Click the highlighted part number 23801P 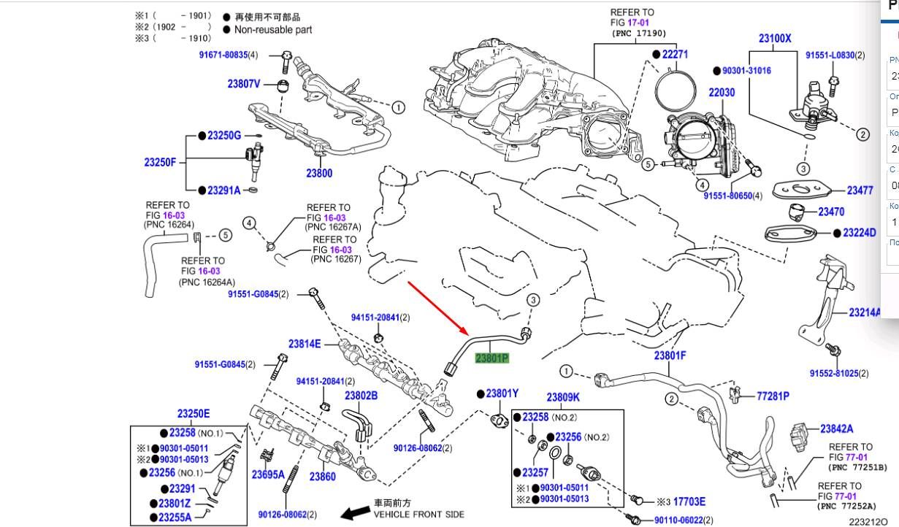pos(491,358)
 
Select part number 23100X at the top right pos(774,39)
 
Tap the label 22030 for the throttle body pos(722,93)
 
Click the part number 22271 pos(675,54)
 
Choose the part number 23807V pos(243,84)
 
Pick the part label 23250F pos(160,162)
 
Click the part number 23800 pos(319,173)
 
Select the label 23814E pos(304,344)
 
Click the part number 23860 pos(322,477)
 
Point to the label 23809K pos(562,398)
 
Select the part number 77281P pos(773,396)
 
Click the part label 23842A pos(836,429)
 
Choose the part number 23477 pos(860,191)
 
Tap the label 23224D pos(859,233)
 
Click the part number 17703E pos(689,501)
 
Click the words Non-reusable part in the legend pos(272,30)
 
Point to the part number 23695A pos(268,474)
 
